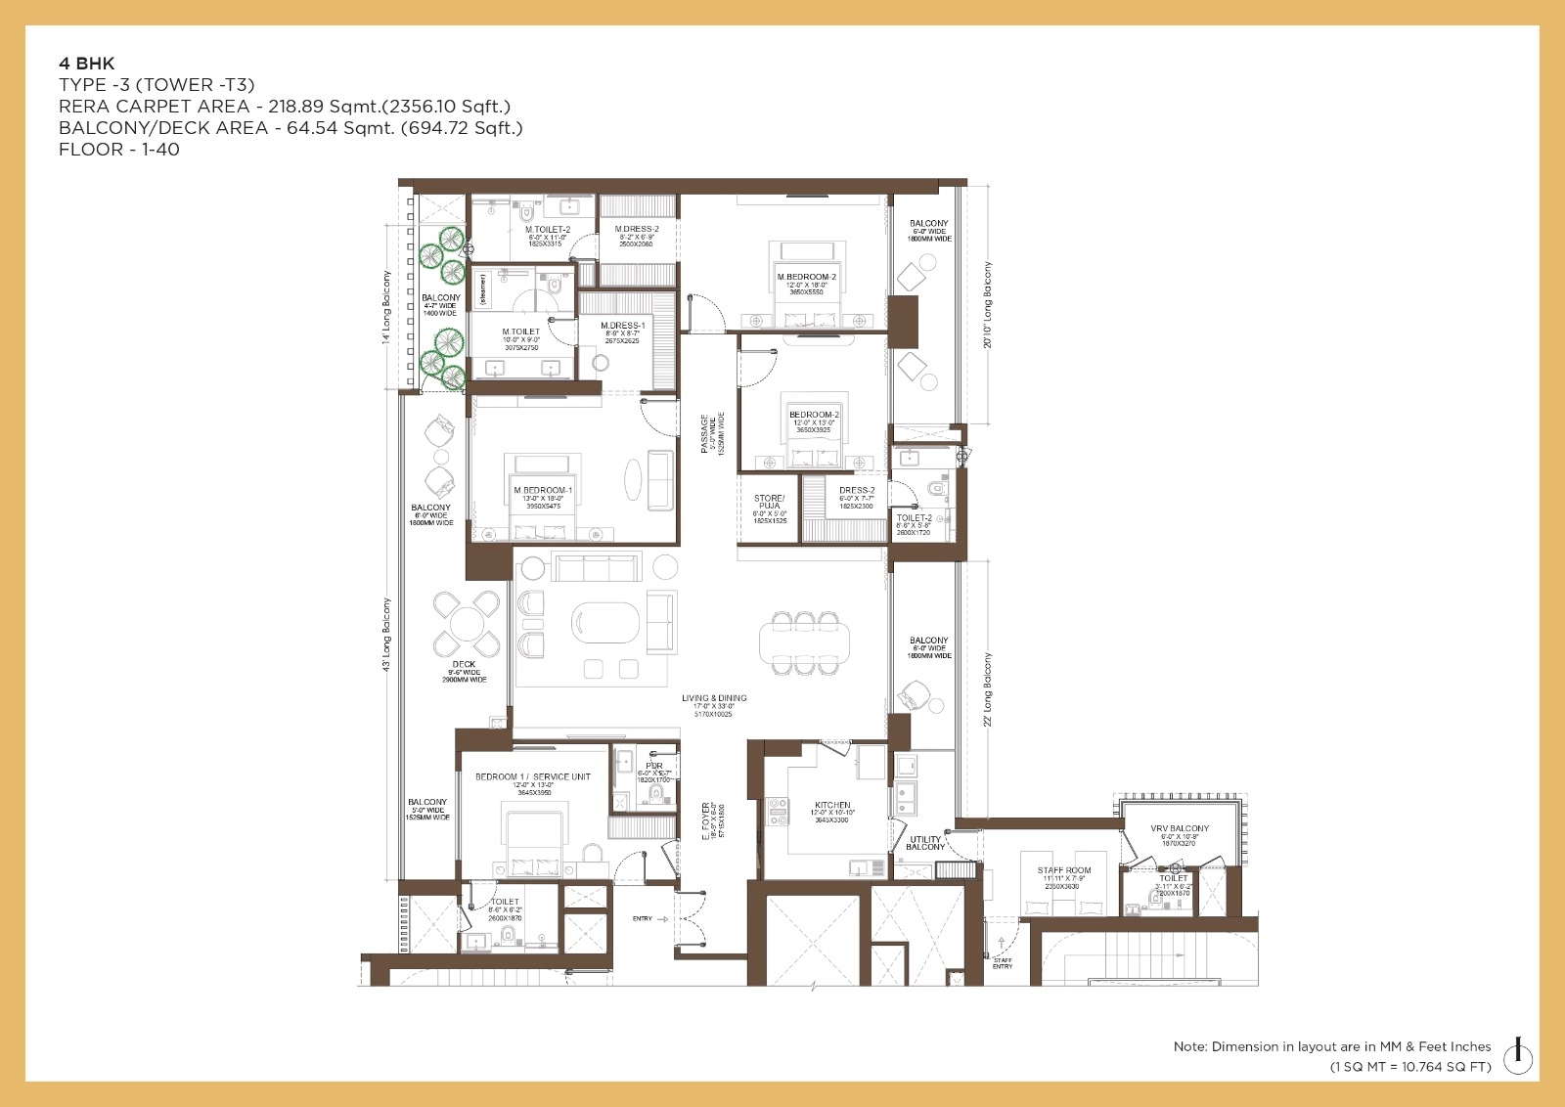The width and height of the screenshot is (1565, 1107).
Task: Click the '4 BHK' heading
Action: click(x=87, y=64)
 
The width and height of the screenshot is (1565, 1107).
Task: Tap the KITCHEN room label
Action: click(x=832, y=806)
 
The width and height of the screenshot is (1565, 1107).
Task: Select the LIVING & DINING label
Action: click(x=714, y=698)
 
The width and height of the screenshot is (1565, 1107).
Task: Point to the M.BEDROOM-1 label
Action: click(x=543, y=491)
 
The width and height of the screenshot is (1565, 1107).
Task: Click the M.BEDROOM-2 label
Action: click(x=807, y=278)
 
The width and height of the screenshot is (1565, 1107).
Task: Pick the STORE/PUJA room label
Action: click(x=770, y=503)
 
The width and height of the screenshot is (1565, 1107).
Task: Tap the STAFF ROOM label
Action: click(x=1064, y=870)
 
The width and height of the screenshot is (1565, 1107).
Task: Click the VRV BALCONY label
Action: click(x=1180, y=829)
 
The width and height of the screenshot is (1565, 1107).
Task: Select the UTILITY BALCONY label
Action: click(x=925, y=843)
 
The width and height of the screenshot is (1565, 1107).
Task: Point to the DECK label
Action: click(x=465, y=665)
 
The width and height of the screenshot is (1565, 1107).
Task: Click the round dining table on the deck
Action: click(x=468, y=624)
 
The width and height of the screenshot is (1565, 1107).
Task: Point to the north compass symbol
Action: click(x=1517, y=1053)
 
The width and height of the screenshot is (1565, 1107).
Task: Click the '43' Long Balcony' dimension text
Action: click(x=387, y=634)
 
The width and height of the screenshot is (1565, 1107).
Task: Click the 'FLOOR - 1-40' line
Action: click(x=119, y=150)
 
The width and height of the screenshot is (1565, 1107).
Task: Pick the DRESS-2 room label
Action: click(x=857, y=491)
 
